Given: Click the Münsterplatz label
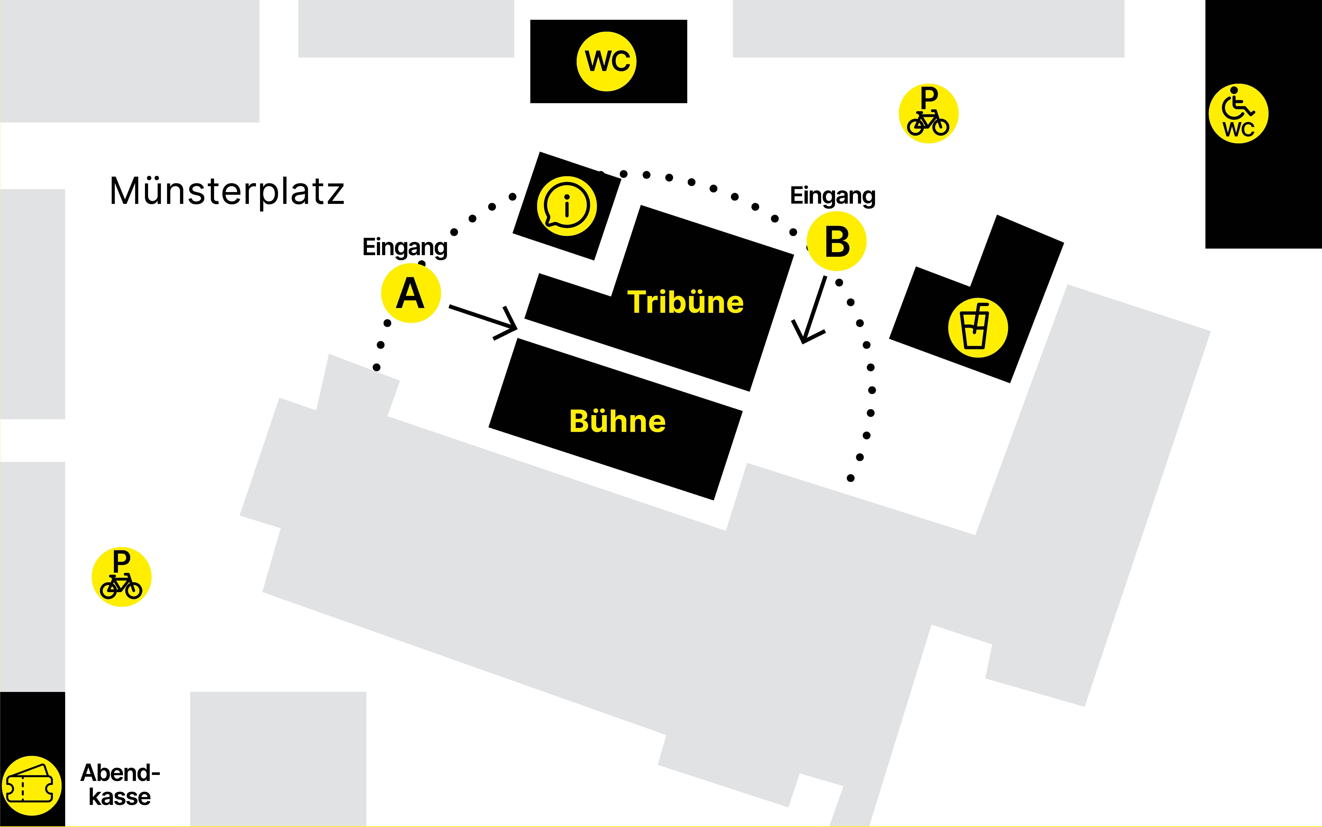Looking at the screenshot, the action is click(x=227, y=191).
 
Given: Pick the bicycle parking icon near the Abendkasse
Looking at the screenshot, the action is click(x=121, y=577).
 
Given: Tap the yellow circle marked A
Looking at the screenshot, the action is click(x=411, y=293).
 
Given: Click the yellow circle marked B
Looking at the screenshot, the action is click(x=837, y=241).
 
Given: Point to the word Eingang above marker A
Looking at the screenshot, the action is click(x=405, y=247).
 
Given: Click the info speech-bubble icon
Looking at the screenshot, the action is click(x=567, y=206).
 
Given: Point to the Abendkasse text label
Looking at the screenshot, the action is click(x=120, y=785).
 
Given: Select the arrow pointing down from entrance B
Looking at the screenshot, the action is click(x=809, y=310).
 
